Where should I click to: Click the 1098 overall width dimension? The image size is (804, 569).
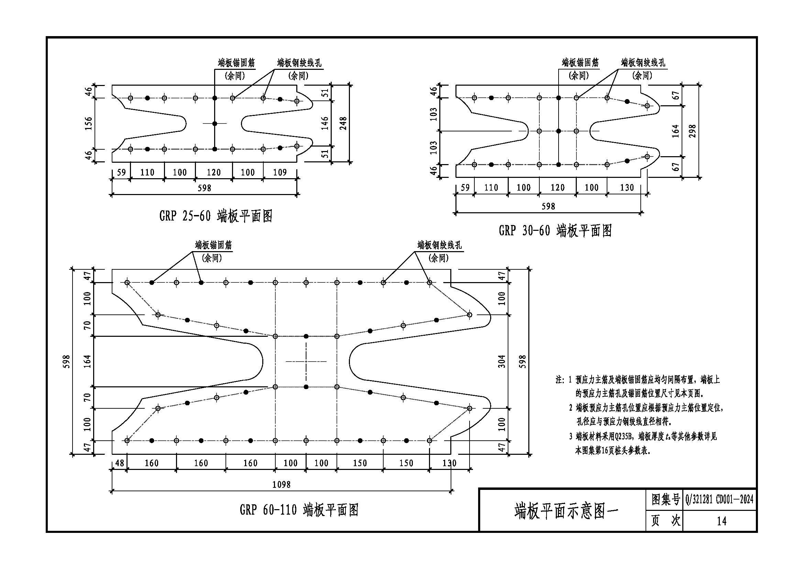coord(281,485)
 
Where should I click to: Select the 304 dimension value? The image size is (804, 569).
coord(502,362)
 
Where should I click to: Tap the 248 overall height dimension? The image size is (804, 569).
coord(343,124)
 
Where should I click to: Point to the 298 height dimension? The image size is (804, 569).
coord(692,131)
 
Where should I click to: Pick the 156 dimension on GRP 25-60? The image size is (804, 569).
coord(88,124)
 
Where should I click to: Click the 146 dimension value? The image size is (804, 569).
coord(325,124)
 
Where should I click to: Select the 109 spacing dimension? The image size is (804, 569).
coord(280,172)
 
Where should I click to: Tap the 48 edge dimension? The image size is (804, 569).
coord(119,463)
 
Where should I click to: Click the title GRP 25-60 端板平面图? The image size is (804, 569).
coord(216,216)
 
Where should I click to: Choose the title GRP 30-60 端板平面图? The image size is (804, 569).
coord(555,231)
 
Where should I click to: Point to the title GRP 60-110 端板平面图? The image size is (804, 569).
coord(299,510)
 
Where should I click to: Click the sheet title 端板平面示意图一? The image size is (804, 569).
coord(566,512)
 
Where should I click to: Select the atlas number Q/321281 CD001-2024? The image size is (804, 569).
coord(719,499)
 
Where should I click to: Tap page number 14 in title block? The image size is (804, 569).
coord(722,521)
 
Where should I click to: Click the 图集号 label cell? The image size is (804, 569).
coord(665,499)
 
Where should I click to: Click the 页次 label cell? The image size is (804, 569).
coord(665,521)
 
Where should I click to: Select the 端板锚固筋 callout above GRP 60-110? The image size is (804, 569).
coord(213,245)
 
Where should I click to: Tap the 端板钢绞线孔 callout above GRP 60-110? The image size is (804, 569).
coord(440,245)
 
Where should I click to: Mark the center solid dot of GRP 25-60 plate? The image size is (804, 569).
coord(214,124)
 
